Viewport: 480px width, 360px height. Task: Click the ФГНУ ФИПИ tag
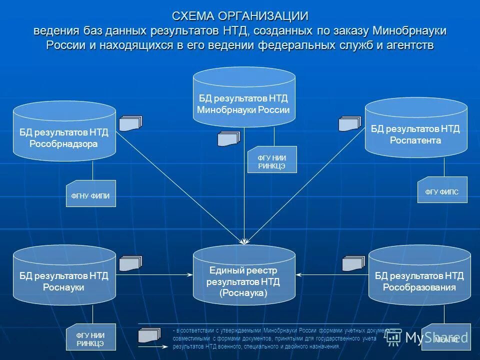91,193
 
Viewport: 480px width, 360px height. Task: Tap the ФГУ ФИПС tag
442,190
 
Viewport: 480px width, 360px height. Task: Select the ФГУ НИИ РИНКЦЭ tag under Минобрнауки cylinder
272,159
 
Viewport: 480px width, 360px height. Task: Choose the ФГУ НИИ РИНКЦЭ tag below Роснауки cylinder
90,338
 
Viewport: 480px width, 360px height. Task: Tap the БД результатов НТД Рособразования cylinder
419,276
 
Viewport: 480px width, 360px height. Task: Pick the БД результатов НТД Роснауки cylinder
64,276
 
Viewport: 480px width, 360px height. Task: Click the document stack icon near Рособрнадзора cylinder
130,123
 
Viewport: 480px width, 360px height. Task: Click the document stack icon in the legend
150,334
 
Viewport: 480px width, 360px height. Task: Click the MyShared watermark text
436,338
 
